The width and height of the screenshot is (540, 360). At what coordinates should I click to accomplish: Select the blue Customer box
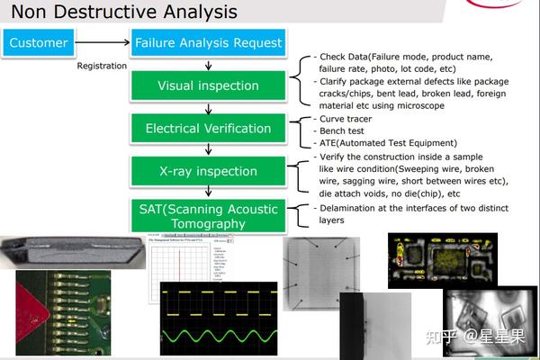[39, 42]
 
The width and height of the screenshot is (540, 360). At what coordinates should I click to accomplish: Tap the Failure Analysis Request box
[208, 42]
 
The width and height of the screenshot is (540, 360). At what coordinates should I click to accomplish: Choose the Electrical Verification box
[208, 128]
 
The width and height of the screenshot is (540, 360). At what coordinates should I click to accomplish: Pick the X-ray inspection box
[208, 171]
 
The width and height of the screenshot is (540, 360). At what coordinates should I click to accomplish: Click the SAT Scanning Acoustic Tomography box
[208, 216]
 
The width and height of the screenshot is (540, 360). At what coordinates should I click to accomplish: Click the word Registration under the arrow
[102, 66]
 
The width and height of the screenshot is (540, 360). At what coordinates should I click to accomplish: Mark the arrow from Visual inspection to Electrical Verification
[209, 106]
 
